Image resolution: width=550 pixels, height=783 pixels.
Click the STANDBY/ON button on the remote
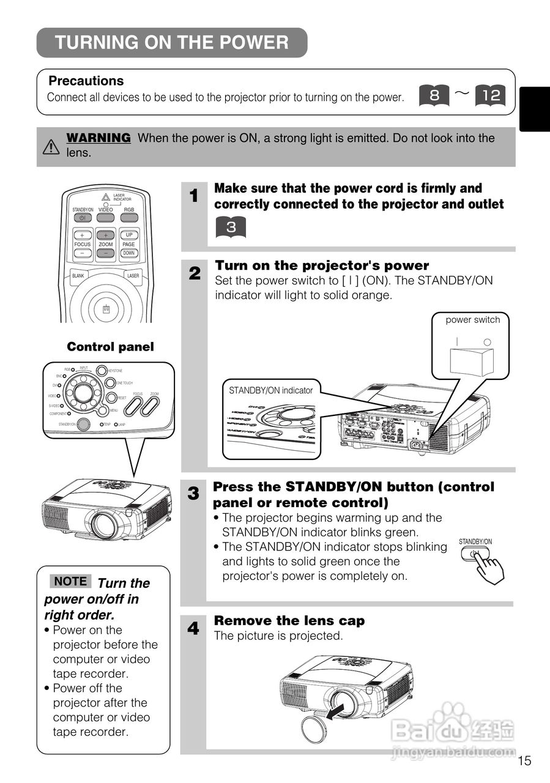pyautogui.click(x=82, y=218)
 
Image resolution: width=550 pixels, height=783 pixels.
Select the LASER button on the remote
pyautogui.click(x=132, y=276)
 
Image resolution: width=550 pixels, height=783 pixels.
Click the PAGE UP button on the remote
pyautogui.click(x=129, y=235)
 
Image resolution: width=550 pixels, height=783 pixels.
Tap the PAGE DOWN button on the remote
pyautogui.click(x=129, y=253)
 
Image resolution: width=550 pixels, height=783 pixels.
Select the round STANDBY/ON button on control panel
pyautogui.click(x=84, y=424)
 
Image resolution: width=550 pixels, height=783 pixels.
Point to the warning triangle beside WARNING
pyautogui.click(x=51, y=147)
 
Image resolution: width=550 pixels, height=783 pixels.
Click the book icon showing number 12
pyautogui.click(x=490, y=95)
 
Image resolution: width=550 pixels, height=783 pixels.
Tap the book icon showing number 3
pyautogui.click(x=230, y=227)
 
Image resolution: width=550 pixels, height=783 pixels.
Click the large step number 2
pyautogui.click(x=195, y=273)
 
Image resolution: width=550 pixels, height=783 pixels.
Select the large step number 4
pyautogui.click(x=193, y=628)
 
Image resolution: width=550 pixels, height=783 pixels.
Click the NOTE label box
pyautogui.click(x=70, y=582)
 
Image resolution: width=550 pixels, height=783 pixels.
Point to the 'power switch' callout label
pyautogui.click(x=472, y=320)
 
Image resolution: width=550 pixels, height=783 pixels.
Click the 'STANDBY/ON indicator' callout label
pyautogui.click(x=270, y=390)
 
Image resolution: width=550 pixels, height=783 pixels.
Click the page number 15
pyautogui.click(x=524, y=761)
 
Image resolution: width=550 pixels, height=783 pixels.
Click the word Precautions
pyautogui.click(x=86, y=81)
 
